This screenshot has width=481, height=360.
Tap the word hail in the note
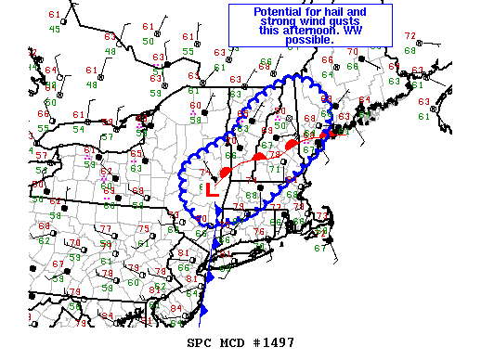pyautogui.click(x=339, y=12)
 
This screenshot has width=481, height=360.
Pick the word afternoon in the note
pyautogui.click(x=295, y=32)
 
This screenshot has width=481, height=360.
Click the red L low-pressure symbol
pyautogui.click(x=211, y=190)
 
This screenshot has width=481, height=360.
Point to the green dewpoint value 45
pyautogui.click(x=55, y=29)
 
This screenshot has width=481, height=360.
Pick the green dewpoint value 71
pyautogui.click(x=272, y=170)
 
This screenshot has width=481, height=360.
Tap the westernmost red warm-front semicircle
pyautogui.click(x=226, y=172)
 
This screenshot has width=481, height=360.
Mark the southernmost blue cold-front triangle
pyautogui.click(x=203, y=310)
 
